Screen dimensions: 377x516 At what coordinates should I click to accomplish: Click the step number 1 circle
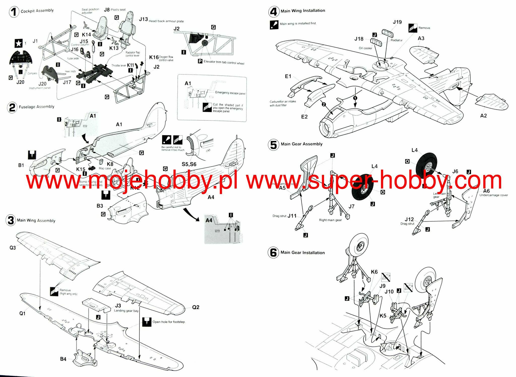pyautogui.click(x=14, y=12)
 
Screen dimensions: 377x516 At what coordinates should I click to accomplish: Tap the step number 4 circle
pyautogui.click(x=273, y=11)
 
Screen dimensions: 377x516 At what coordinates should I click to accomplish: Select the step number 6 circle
pyautogui.click(x=273, y=253)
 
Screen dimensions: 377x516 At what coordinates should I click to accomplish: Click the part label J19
pyautogui.click(x=397, y=22)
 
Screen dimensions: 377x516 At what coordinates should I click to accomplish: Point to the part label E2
pyautogui.click(x=304, y=117)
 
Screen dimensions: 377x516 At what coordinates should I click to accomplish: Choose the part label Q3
pyautogui.click(x=13, y=248)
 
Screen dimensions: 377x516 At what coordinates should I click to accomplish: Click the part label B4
pyautogui.click(x=63, y=359)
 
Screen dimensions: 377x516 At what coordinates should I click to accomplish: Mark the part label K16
pyautogui.click(x=154, y=57)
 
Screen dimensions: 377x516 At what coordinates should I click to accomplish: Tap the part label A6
pyautogui.click(x=486, y=191)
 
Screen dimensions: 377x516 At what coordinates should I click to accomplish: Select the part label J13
pyautogui.click(x=143, y=19)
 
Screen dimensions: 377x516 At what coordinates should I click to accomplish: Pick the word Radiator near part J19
pyautogui.click(x=396, y=40)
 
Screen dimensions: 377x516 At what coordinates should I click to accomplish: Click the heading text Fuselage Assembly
pyautogui.click(x=37, y=107)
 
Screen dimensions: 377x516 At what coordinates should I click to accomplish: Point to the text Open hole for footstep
pyautogui.click(x=169, y=322)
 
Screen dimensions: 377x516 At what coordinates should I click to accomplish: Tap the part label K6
pyautogui.click(x=374, y=272)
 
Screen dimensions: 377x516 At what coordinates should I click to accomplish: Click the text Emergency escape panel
pyautogui.click(x=230, y=93)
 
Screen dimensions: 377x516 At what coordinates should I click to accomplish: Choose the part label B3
pyautogui.click(x=100, y=206)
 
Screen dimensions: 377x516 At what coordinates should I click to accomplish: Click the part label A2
pyautogui.click(x=483, y=116)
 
